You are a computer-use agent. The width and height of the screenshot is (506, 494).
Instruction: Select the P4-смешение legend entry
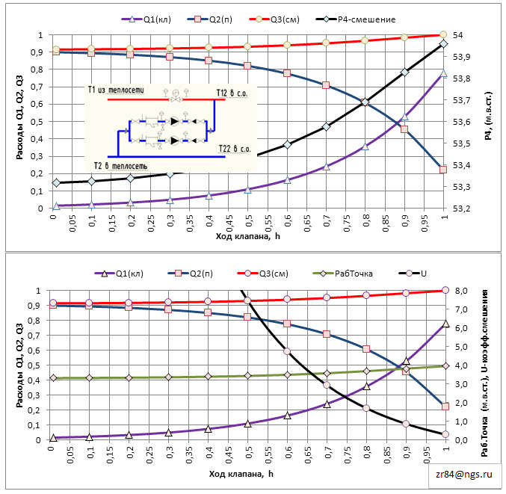click(x=361, y=19)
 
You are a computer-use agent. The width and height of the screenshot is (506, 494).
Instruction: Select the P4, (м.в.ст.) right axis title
click(x=489, y=122)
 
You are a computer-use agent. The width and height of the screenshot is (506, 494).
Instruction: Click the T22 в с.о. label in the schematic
click(x=233, y=149)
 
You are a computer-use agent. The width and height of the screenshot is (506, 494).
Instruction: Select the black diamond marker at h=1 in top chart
click(x=443, y=44)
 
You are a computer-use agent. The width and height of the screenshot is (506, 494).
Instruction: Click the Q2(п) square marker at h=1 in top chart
click(x=443, y=170)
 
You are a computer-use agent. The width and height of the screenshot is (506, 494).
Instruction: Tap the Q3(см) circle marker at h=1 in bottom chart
click(x=445, y=290)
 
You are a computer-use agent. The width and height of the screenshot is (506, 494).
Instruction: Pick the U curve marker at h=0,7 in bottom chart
click(x=327, y=385)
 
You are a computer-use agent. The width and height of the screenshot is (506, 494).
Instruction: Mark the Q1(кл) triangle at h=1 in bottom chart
click(x=445, y=324)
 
